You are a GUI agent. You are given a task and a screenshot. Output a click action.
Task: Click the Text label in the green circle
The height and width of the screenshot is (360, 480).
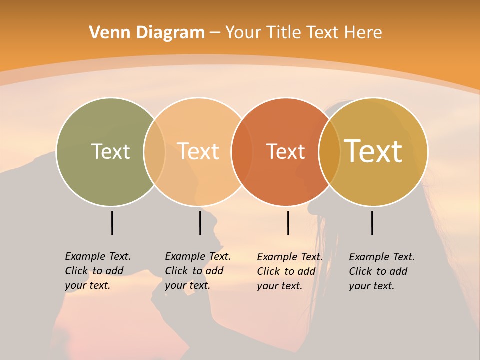[110, 151]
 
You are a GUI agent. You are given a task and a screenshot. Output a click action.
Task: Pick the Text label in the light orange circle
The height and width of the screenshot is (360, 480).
[198, 151]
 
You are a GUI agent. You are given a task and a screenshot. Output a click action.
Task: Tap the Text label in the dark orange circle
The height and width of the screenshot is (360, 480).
[285, 152]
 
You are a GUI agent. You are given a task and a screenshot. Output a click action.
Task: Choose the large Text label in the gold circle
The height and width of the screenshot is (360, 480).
[373, 151]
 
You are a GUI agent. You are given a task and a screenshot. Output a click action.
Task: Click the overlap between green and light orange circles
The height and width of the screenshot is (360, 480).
[154, 152]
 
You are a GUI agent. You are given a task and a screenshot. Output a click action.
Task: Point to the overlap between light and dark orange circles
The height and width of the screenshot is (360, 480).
[242, 152]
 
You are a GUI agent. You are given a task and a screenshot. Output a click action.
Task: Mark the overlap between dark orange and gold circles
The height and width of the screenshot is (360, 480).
[329, 152]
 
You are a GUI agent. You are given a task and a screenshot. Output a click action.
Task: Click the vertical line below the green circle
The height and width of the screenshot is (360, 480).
[112, 223]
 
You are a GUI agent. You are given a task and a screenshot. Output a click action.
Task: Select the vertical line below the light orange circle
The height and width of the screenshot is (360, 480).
[200, 223]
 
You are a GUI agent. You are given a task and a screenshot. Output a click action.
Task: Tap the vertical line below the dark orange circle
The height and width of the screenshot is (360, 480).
[288, 223]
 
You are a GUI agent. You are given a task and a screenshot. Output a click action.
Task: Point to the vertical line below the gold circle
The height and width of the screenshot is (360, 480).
[372, 223]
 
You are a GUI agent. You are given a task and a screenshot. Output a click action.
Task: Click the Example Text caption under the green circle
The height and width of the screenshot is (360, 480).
[97, 271]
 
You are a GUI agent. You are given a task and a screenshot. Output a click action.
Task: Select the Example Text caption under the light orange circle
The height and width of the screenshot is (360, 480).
[197, 271]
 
